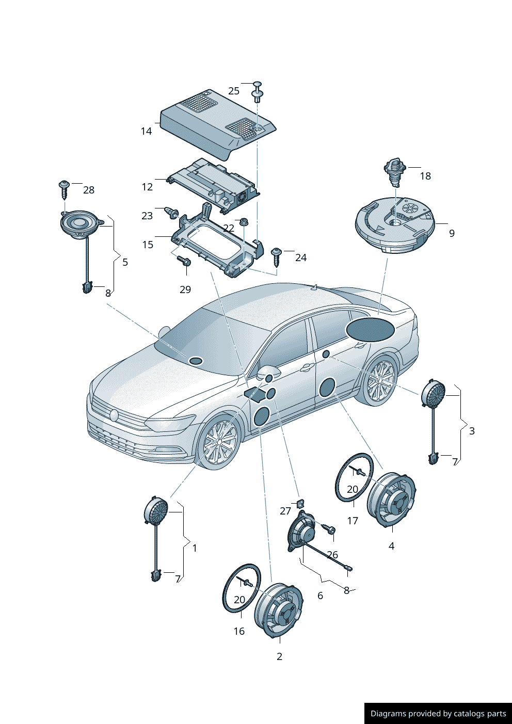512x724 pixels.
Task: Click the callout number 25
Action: coord(234,91)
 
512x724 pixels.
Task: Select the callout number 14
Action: coord(146,131)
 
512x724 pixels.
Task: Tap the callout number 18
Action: coord(425,176)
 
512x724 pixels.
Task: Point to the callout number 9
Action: coord(452,233)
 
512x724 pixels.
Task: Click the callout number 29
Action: coord(185,289)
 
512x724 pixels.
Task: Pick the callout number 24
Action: coord(301,258)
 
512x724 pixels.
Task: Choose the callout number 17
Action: coord(353,521)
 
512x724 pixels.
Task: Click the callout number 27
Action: coord(285,511)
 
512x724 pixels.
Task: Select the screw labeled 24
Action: coord(277,257)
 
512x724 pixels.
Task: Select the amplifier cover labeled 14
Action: coord(218,124)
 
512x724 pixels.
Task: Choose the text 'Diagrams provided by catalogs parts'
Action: coord(438,713)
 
